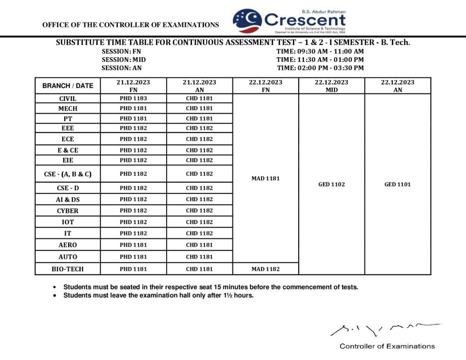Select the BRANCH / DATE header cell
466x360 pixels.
[x=67, y=86]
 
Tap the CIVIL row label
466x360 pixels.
[x=67, y=98]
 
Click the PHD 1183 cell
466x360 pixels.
[x=133, y=98]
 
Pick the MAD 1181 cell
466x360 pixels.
[x=265, y=178]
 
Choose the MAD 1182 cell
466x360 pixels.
[x=265, y=269]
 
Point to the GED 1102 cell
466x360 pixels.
[x=332, y=184]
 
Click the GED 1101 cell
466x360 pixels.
[x=397, y=184]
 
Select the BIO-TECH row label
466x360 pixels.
[x=67, y=269]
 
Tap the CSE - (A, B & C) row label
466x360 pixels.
[x=67, y=174]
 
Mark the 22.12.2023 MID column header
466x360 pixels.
[x=332, y=86]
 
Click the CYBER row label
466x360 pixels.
[x=67, y=211]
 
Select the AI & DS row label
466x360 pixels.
[x=67, y=199]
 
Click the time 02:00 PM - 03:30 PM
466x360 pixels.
[x=320, y=68]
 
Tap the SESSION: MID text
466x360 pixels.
[x=124, y=60]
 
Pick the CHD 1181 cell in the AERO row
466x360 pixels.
[x=199, y=245]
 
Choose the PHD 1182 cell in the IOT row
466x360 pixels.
[x=133, y=222]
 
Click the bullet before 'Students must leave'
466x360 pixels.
[x=55, y=295]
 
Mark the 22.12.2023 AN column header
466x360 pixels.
[x=397, y=86]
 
